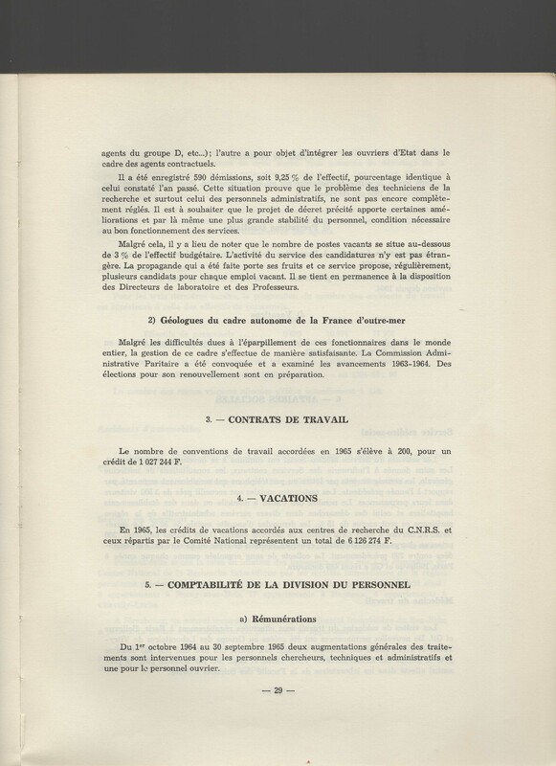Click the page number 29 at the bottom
pos(278,690)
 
